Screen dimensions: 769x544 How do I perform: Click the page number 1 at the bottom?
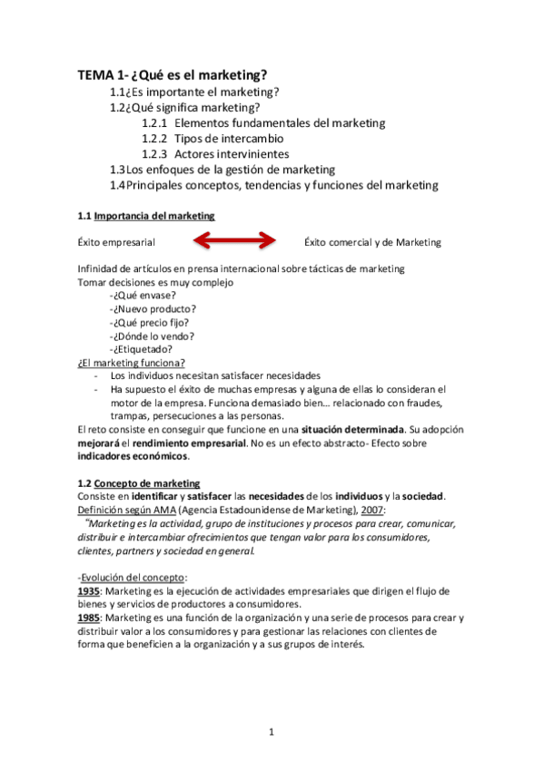tap(272, 731)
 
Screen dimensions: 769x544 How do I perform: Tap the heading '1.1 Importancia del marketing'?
tap(146, 216)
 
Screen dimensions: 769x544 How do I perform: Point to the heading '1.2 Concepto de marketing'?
tap(139, 483)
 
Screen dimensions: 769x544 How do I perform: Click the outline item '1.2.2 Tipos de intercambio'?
tap(213, 139)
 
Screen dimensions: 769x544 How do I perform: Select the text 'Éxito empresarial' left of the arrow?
tap(116, 242)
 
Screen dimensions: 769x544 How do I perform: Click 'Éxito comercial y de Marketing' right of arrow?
tap(372, 242)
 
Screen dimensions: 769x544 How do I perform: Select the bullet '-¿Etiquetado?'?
tap(141, 349)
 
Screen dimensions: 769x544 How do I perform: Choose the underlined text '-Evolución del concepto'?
tap(133, 576)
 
